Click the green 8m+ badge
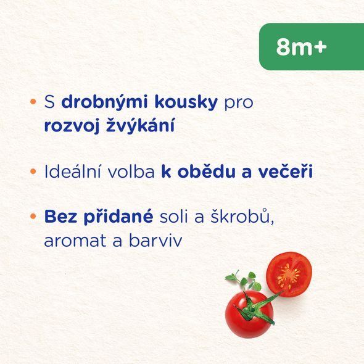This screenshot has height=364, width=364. point(311,47)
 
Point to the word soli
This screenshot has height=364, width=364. point(177,218)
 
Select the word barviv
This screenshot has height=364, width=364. point(155,241)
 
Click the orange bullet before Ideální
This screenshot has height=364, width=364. point(33,170)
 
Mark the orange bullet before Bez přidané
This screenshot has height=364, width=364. point(33,216)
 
